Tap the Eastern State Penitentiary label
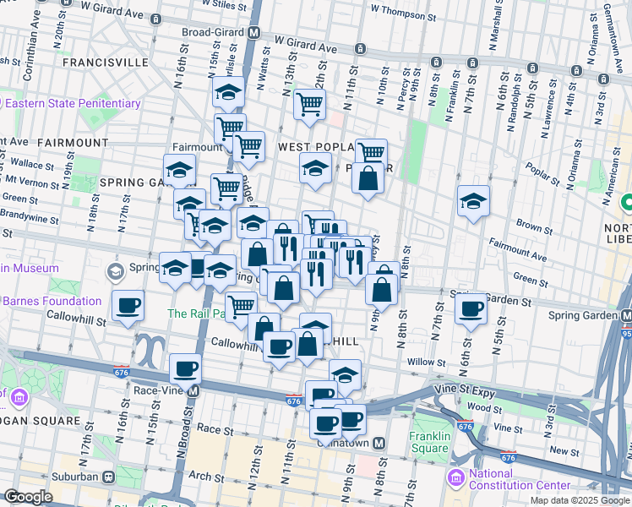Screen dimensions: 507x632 tap(73, 103)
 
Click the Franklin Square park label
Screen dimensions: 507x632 tap(430, 442)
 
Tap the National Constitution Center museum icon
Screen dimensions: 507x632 tap(456, 479)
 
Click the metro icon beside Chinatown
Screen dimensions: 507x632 tap(379, 442)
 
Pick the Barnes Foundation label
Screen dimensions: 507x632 tap(52, 301)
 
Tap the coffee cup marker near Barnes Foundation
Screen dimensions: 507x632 tap(128, 305)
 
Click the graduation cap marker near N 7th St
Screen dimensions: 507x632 tap(473, 201)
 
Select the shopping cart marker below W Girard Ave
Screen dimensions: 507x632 tap(310, 104)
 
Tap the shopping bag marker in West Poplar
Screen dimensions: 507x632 tap(368, 177)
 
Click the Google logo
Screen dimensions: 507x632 tap(29, 497)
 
